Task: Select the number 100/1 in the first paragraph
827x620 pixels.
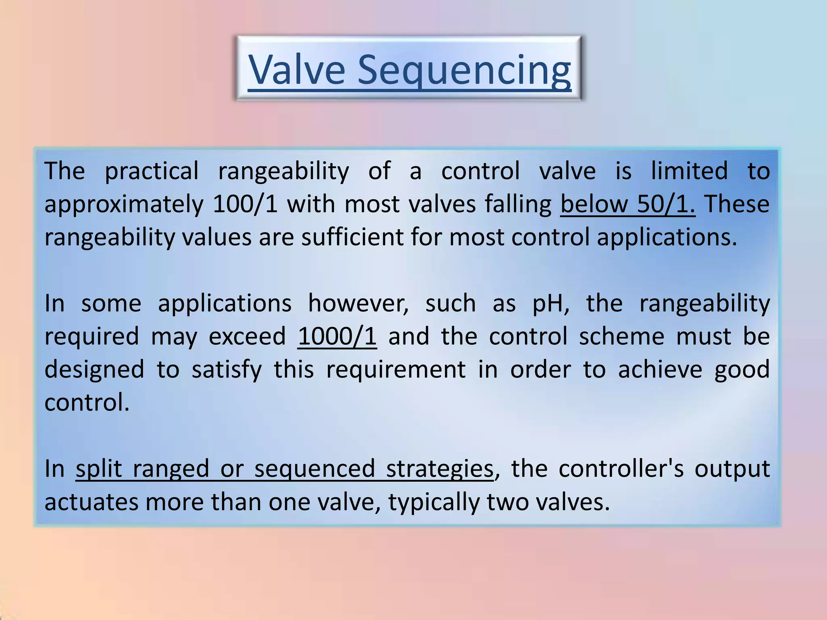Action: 245,204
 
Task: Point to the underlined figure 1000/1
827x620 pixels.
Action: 337,336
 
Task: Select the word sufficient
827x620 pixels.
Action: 352,237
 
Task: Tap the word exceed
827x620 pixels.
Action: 247,336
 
